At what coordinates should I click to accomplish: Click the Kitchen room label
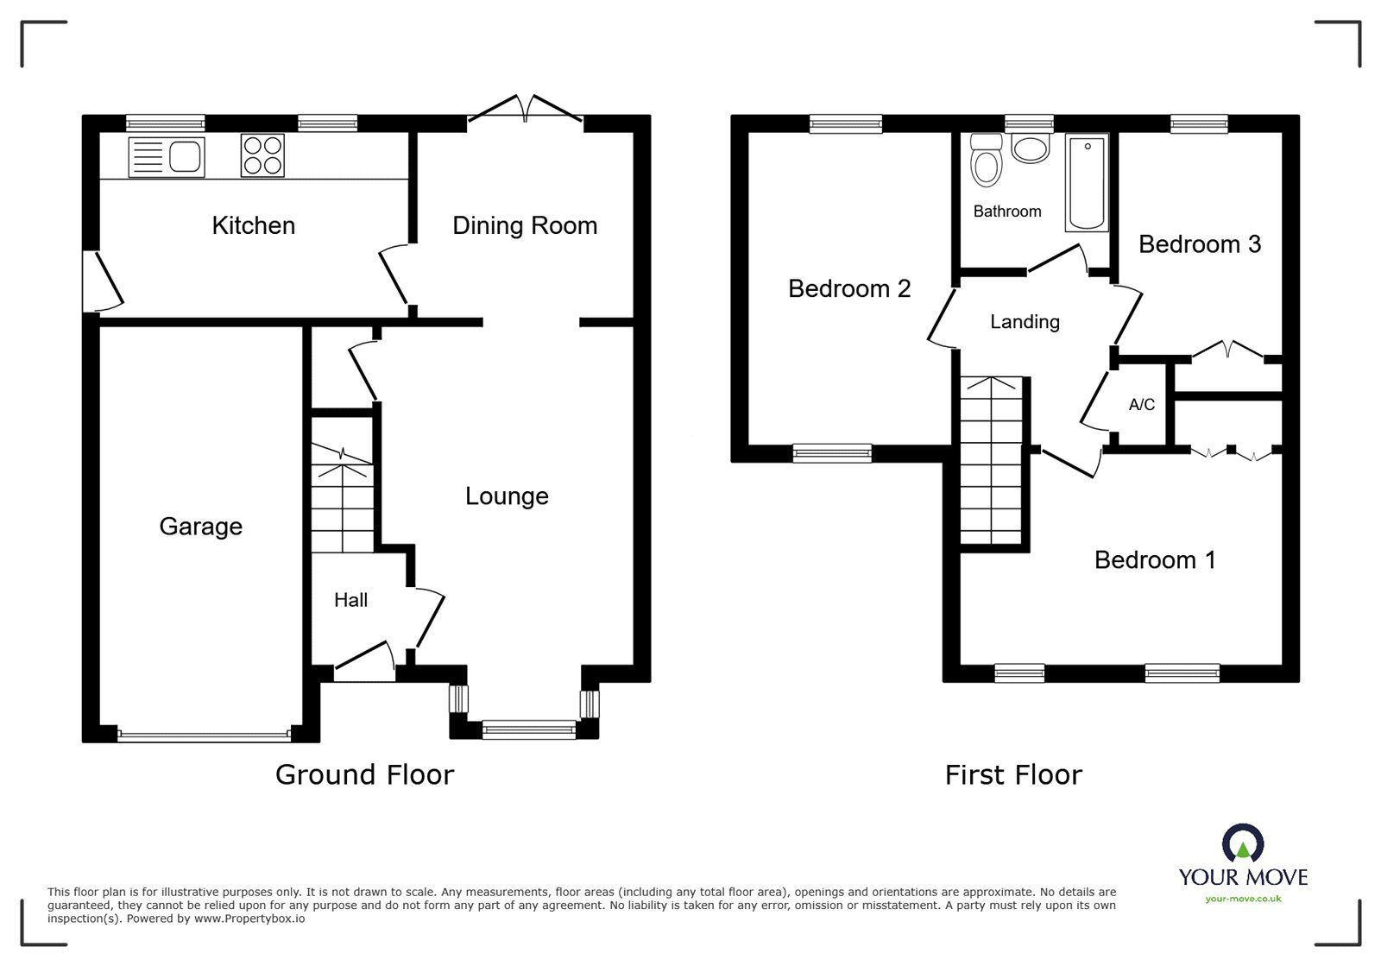point(253,225)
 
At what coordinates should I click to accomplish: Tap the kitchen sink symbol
point(167,157)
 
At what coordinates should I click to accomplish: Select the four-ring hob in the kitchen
point(262,156)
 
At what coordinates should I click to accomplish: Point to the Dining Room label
point(525,225)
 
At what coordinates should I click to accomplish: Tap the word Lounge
point(507,496)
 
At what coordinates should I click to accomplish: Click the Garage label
point(200,526)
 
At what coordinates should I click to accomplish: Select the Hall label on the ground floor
point(350,600)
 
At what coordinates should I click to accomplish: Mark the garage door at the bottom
point(204,736)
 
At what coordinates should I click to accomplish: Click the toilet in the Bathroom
point(985,162)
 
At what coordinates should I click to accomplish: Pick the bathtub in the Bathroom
point(1087,182)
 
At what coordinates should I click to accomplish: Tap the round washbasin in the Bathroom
point(1030,148)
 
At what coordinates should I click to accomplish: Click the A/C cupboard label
point(1141,405)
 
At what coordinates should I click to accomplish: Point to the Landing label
point(1025,322)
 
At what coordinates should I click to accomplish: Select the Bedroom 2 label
point(849,288)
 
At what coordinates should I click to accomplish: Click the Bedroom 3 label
point(1199,244)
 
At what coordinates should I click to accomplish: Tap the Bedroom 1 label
point(1154,560)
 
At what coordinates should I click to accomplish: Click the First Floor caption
point(1012,774)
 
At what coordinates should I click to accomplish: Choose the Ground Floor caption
point(364,774)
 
